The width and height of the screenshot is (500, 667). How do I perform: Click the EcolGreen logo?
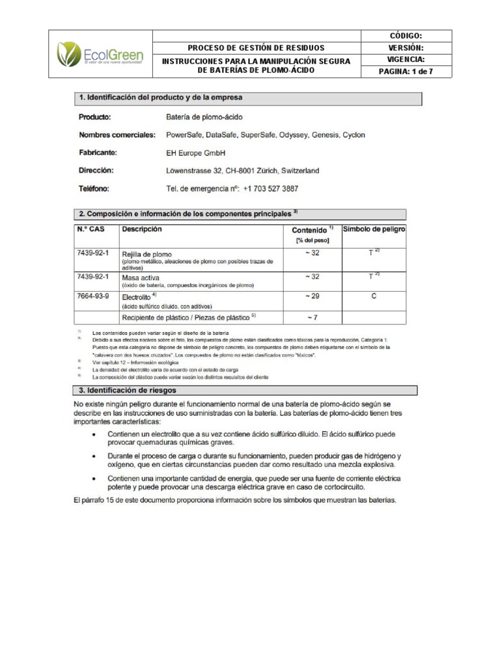100,54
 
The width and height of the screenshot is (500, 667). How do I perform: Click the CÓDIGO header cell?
406,36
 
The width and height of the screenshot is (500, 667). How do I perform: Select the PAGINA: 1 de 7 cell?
406,72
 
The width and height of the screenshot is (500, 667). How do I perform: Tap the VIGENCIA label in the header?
406,59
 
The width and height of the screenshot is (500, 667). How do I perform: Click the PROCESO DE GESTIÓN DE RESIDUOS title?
256,48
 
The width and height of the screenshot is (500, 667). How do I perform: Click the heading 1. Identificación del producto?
161,98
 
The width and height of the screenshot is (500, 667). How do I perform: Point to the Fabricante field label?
98,152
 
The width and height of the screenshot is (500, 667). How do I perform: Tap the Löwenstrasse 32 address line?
243,171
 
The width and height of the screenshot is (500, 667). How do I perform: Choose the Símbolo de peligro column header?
374,229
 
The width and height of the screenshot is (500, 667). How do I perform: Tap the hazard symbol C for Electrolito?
374,296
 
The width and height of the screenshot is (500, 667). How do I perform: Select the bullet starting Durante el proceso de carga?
254,460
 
